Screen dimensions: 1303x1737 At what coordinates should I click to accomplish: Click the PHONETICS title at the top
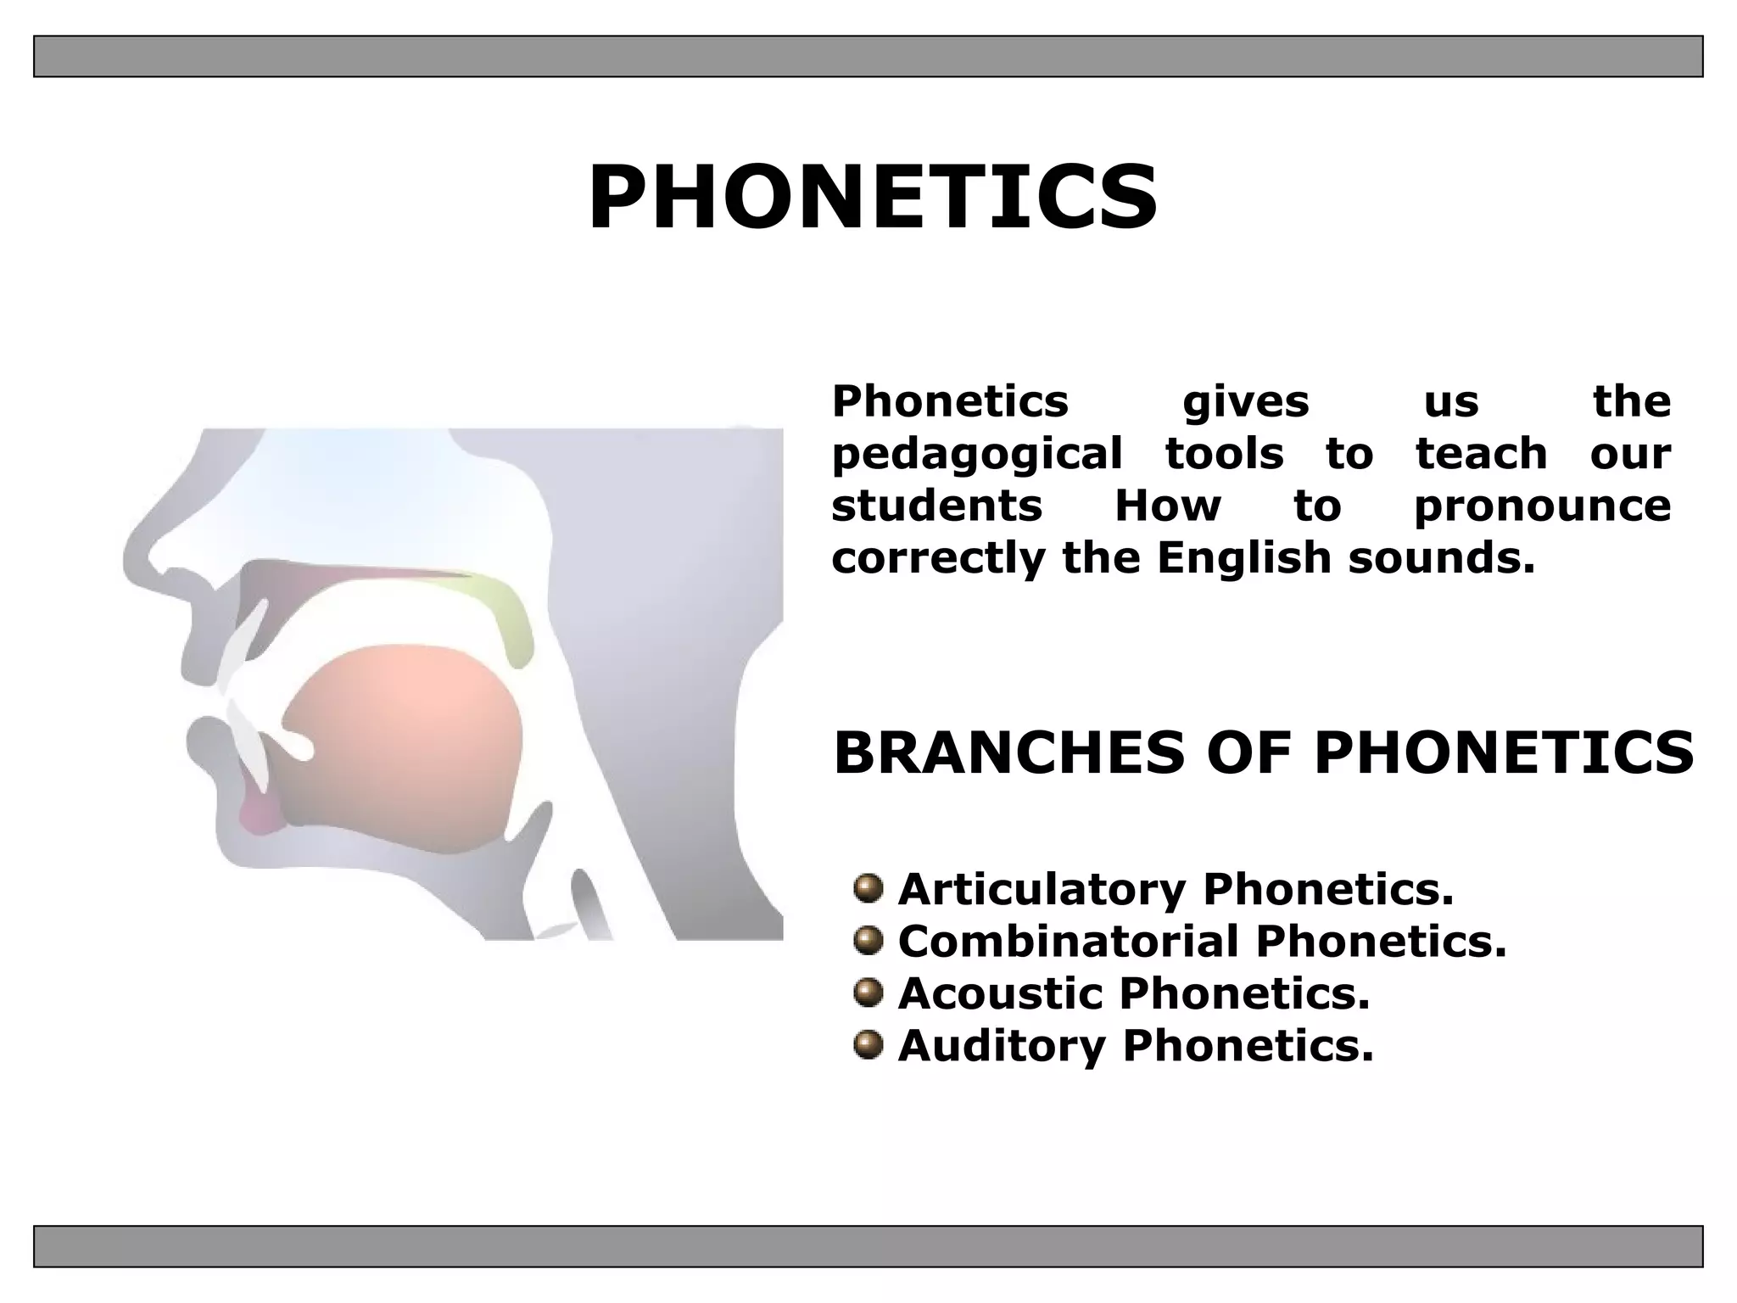873,198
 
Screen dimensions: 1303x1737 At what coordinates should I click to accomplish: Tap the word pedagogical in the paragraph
977,455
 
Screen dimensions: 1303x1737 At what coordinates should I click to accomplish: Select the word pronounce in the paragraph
1542,506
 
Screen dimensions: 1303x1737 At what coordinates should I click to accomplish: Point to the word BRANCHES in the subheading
1008,752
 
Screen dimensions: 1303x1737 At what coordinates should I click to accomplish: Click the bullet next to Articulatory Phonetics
868,889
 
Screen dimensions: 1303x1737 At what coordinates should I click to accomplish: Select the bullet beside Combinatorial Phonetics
868,941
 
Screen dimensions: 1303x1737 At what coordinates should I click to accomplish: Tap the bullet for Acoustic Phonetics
868,993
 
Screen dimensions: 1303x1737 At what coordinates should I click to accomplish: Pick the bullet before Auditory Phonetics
868,1044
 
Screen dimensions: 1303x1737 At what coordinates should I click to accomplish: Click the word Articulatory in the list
1042,890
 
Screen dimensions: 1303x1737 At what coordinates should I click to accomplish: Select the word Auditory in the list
1002,1046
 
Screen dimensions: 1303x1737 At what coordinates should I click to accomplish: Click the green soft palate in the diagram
505,615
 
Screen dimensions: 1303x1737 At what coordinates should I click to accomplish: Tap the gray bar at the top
868,56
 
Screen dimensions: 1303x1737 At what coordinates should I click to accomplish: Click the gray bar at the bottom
868,1246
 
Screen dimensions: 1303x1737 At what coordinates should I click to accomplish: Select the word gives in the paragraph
1245,402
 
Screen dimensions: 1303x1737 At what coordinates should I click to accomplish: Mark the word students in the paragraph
936,506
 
